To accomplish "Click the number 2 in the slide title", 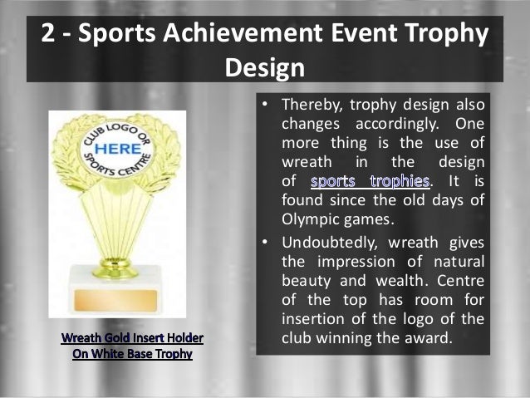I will pyautogui.click(x=48, y=35).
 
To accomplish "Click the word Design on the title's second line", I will pyautogui.click(x=264, y=66).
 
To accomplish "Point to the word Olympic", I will pyautogui.click(x=311, y=219).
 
